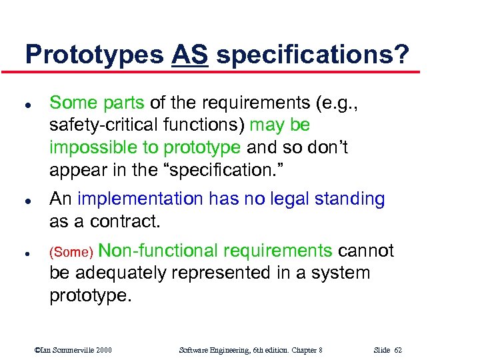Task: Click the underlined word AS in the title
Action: [190, 55]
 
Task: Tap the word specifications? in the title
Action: [313, 55]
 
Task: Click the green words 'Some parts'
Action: [97, 103]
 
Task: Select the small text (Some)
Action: [71, 253]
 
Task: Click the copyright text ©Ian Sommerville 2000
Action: [73, 350]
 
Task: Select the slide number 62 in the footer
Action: [398, 350]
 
